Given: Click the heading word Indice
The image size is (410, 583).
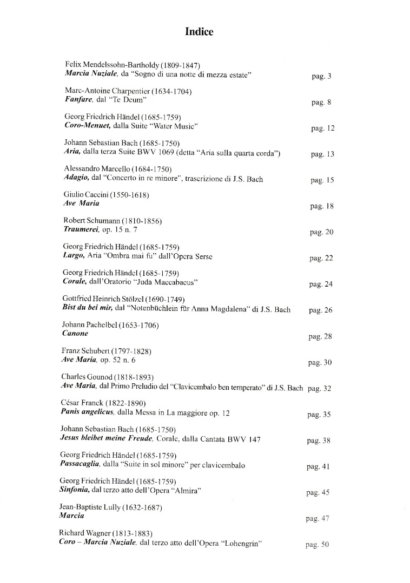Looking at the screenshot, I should tap(199, 32).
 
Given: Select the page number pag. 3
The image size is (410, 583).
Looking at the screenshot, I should tap(321, 76).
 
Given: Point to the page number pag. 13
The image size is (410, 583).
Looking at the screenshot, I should tap(322, 154).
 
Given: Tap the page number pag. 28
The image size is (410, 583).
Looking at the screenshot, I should tap(320, 337).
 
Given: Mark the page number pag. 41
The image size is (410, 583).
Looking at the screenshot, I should tap(318, 467).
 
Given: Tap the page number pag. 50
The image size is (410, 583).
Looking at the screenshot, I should tap(317, 545).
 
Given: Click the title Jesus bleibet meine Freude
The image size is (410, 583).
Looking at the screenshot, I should tap(107, 439).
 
